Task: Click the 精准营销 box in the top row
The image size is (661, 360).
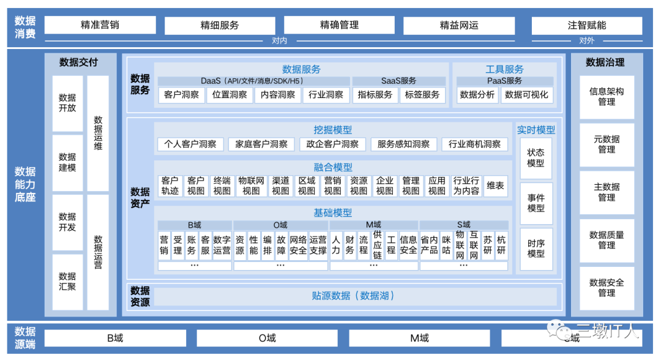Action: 100,25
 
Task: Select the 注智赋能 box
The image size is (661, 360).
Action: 586,25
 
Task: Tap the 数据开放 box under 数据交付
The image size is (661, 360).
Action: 67,103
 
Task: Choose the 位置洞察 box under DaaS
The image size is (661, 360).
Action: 230,95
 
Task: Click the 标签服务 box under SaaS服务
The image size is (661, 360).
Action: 422,95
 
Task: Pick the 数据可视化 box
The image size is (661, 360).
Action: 527,95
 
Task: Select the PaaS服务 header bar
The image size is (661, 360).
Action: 504,81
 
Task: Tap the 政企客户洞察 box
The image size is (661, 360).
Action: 332,144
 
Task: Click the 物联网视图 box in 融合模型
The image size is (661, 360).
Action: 251,186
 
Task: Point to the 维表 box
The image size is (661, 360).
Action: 495,186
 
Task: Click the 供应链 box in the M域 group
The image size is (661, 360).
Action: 377,245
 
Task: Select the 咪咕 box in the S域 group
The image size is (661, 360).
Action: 446,245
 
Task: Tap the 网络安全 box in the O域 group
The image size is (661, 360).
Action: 298,245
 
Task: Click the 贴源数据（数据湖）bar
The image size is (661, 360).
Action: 353,296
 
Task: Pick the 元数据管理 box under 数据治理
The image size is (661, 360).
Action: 607,144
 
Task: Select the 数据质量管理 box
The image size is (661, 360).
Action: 607,240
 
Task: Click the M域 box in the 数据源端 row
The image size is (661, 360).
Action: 419,338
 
